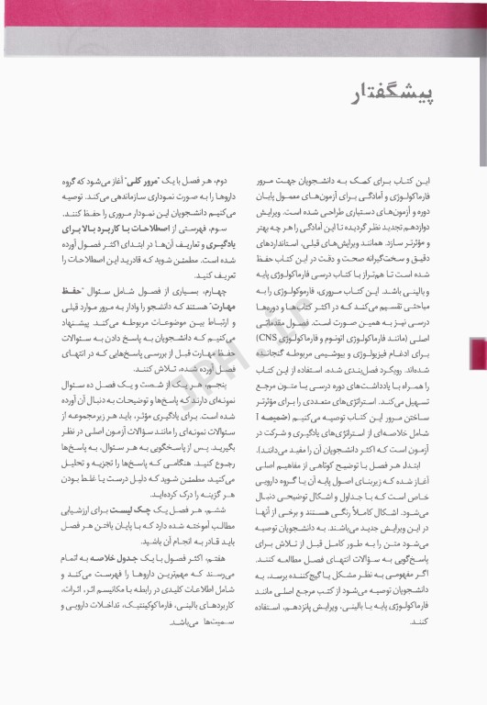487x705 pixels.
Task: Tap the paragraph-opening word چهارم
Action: click(236, 284)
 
